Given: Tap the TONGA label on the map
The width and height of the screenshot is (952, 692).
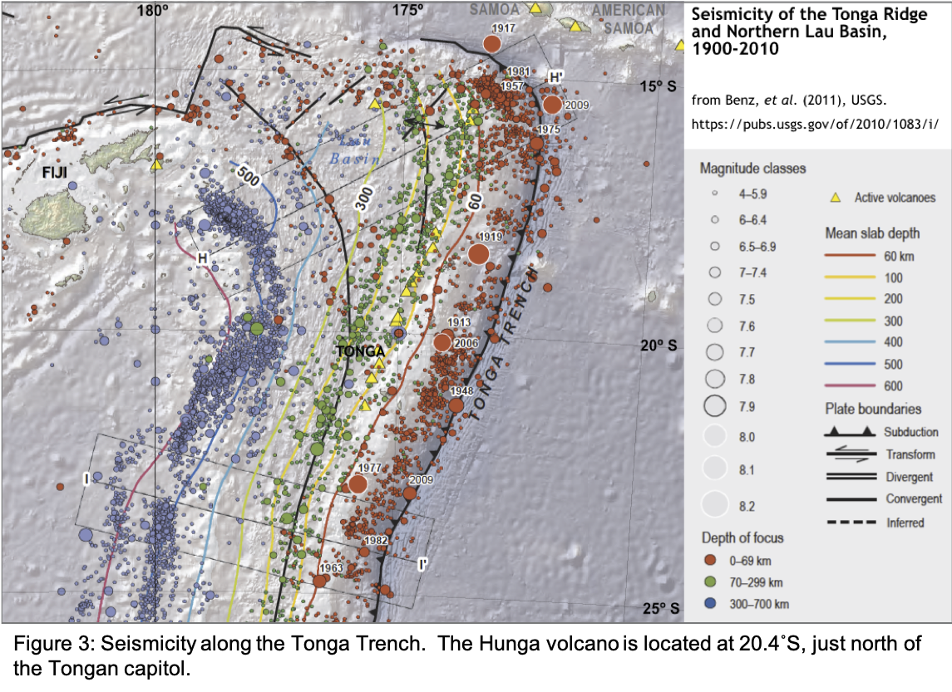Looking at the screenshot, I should pyautogui.click(x=360, y=351).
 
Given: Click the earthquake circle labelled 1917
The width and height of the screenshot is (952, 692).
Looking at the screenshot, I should pyautogui.click(x=492, y=44).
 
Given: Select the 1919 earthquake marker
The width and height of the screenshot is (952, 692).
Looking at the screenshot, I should pyautogui.click(x=478, y=253).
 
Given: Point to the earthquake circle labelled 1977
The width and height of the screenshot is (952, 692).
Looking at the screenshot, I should pyautogui.click(x=358, y=483).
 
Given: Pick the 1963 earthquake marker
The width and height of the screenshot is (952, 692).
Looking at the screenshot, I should pyautogui.click(x=319, y=581).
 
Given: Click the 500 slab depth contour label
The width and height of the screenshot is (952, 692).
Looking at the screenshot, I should pyautogui.click(x=245, y=176).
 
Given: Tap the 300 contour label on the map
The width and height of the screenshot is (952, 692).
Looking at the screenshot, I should pyautogui.click(x=363, y=197).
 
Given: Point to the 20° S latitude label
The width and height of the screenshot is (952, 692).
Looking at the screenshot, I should pyautogui.click(x=661, y=346).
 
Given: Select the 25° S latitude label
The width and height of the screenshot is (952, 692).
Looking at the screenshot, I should pyautogui.click(x=661, y=608).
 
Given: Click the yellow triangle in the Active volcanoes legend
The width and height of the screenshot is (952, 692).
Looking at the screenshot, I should pyautogui.click(x=836, y=198).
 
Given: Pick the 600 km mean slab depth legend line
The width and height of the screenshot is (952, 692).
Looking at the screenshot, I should pyautogui.click(x=850, y=385).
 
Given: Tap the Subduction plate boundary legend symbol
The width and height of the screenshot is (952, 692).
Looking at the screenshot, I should pyautogui.click(x=850, y=432).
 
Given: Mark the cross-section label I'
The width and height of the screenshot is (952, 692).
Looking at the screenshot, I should pyautogui.click(x=423, y=565).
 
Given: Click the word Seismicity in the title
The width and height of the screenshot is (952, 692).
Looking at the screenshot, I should pyautogui.click(x=731, y=16).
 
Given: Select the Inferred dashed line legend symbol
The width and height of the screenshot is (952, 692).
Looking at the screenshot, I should pyautogui.click(x=850, y=522).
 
